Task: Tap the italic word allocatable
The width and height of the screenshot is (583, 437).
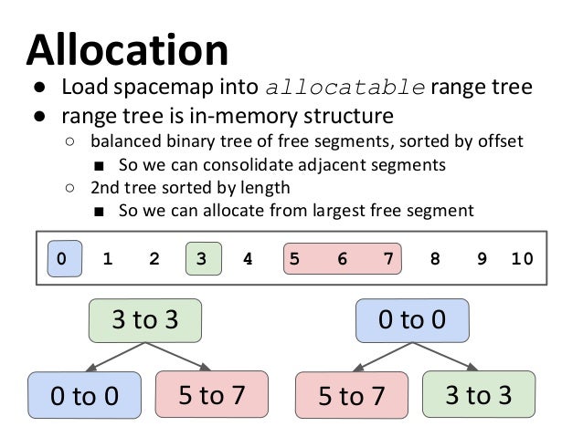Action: pyautogui.click(x=344, y=89)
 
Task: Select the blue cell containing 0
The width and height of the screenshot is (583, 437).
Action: pyautogui.click(x=61, y=258)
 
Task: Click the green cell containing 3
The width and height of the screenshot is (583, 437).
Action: pyautogui.click(x=201, y=258)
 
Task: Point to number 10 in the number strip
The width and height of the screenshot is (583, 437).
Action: pyautogui.click(x=522, y=258)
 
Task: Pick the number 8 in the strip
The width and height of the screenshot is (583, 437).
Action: pyautogui.click(x=434, y=258)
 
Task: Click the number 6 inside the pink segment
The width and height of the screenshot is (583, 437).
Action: pyautogui.click(x=342, y=258)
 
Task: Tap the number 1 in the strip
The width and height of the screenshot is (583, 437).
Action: pyautogui.click(x=108, y=258)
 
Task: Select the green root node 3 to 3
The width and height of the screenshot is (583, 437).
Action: pyautogui.click(x=144, y=320)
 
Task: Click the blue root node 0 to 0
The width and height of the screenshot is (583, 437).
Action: pyautogui.click(x=412, y=320)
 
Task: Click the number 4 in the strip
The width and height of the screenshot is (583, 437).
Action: pyautogui.click(x=247, y=258)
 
